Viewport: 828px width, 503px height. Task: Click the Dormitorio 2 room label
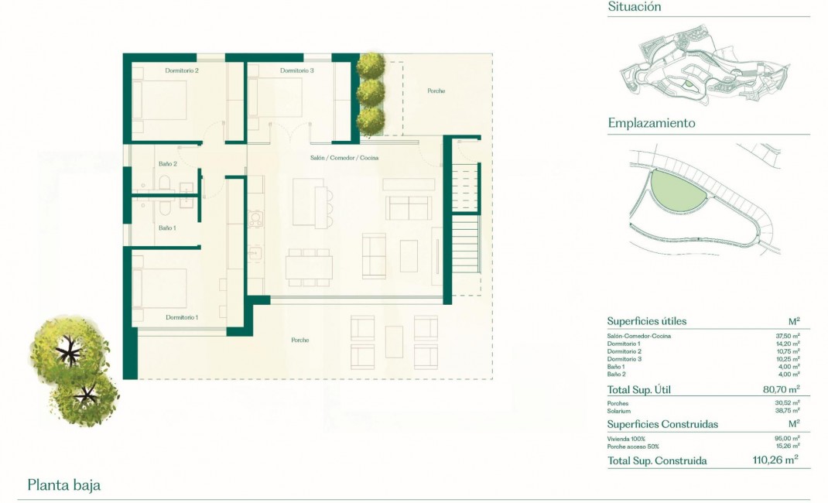click(182, 71)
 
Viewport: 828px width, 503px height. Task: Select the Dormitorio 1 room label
click(182, 317)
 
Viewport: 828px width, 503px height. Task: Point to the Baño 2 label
click(168, 164)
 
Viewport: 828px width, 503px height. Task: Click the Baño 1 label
click(167, 228)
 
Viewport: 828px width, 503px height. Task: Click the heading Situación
click(635, 7)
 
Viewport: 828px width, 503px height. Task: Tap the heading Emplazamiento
click(652, 123)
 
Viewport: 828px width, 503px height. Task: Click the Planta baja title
click(64, 486)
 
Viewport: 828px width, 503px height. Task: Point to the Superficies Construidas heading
click(662, 424)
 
